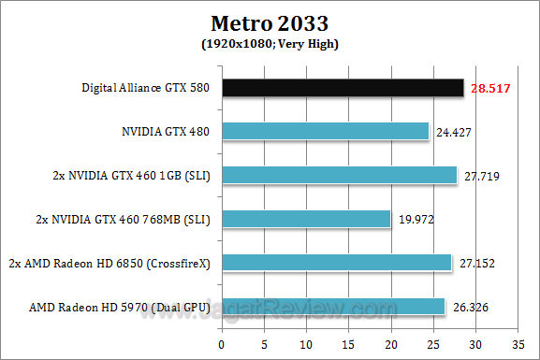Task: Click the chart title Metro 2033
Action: point(269,22)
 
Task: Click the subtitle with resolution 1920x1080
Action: point(269,43)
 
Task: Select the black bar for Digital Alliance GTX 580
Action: point(343,88)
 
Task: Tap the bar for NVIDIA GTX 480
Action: point(326,132)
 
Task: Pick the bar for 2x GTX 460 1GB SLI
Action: point(340,175)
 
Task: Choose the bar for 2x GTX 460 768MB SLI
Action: point(307,219)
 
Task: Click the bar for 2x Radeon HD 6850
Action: point(337,263)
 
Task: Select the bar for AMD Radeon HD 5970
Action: point(333,307)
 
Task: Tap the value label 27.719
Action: point(482,175)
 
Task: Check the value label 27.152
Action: point(477,263)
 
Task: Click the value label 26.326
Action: point(471,307)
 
